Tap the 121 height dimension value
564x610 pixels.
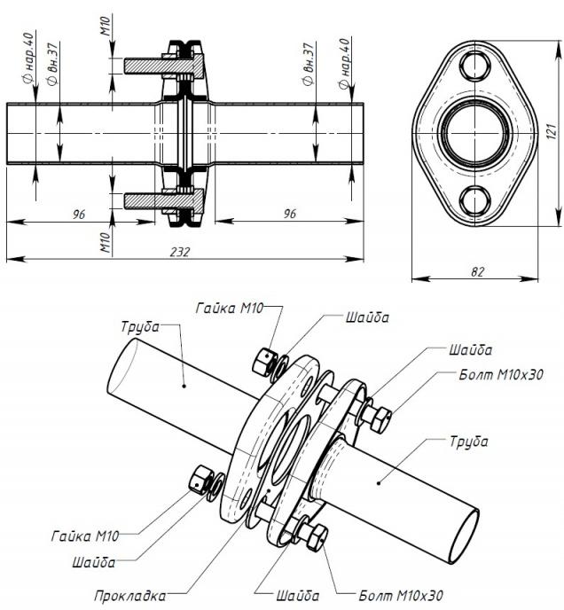click(x=550, y=130)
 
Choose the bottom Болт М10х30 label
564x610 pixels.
click(x=401, y=595)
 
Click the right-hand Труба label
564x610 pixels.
click(x=467, y=441)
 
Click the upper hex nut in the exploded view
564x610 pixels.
click(x=264, y=357)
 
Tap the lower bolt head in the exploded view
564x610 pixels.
click(x=316, y=535)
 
